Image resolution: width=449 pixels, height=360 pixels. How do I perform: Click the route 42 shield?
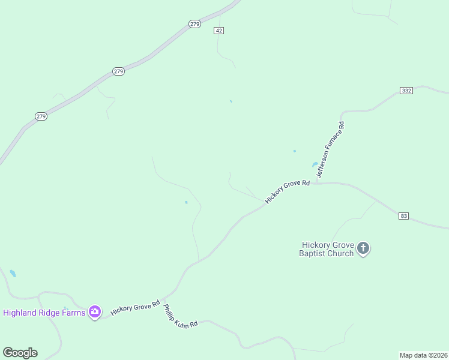pos(218,31)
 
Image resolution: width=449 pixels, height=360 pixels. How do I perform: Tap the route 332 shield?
pos(406,91)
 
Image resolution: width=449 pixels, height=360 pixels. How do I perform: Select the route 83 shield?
pos(403,215)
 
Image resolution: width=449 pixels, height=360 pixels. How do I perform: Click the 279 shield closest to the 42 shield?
pos(194,24)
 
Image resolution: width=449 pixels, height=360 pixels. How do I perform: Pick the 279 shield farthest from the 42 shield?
pos(41,116)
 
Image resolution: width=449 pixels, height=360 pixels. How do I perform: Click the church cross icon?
pos(363,247)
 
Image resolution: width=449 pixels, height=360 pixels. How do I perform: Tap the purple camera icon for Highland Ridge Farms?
pos(94,311)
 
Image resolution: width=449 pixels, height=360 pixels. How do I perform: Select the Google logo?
pos(20,353)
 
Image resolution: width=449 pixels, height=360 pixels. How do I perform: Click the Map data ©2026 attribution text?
pos(423,355)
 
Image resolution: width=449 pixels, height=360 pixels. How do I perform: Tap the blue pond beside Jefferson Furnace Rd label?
pos(315,165)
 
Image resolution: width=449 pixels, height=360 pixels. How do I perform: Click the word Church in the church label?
pos(341,253)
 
